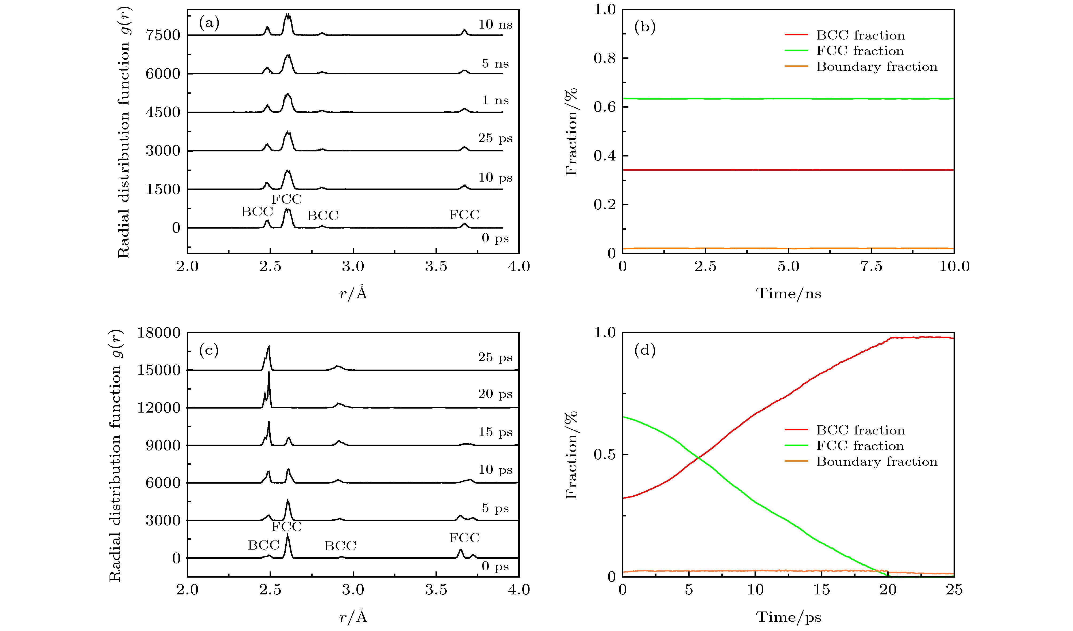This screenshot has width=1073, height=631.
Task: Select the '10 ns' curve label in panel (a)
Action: point(495,24)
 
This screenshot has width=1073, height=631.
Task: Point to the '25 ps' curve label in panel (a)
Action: point(495,138)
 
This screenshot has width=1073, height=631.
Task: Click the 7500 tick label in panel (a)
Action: point(163,35)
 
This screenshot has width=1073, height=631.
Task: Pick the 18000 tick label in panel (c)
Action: point(159,333)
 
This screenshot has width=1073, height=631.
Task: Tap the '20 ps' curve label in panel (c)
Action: point(495,394)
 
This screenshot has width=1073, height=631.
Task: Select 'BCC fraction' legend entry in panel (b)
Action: point(860,35)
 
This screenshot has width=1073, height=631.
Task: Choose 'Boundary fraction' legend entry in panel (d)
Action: point(877,462)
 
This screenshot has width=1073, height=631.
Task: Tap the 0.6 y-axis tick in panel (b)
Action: point(605,107)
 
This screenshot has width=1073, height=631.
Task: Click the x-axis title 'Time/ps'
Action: point(788,617)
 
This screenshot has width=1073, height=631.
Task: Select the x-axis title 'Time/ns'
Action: point(788,293)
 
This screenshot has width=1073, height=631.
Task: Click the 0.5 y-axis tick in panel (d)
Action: point(605,455)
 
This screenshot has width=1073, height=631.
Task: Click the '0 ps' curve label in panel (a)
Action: point(495,238)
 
